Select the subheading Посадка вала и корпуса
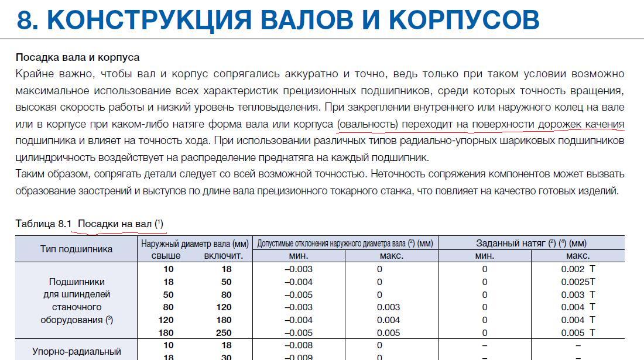(x=77, y=57)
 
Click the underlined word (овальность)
(x=368, y=124)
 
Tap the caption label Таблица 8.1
(x=43, y=224)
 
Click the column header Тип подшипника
(x=76, y=249)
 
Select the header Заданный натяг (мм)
(x=531, y=243)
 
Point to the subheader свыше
(x=166, y=256)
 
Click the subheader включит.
(x=224, y=256)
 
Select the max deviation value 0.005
(x=389, y=332)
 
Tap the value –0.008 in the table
(x=299, y=345)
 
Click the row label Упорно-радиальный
(x=76, y=351)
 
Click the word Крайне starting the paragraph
(x=35, y=74)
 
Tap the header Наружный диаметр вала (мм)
(x=195, y=243)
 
